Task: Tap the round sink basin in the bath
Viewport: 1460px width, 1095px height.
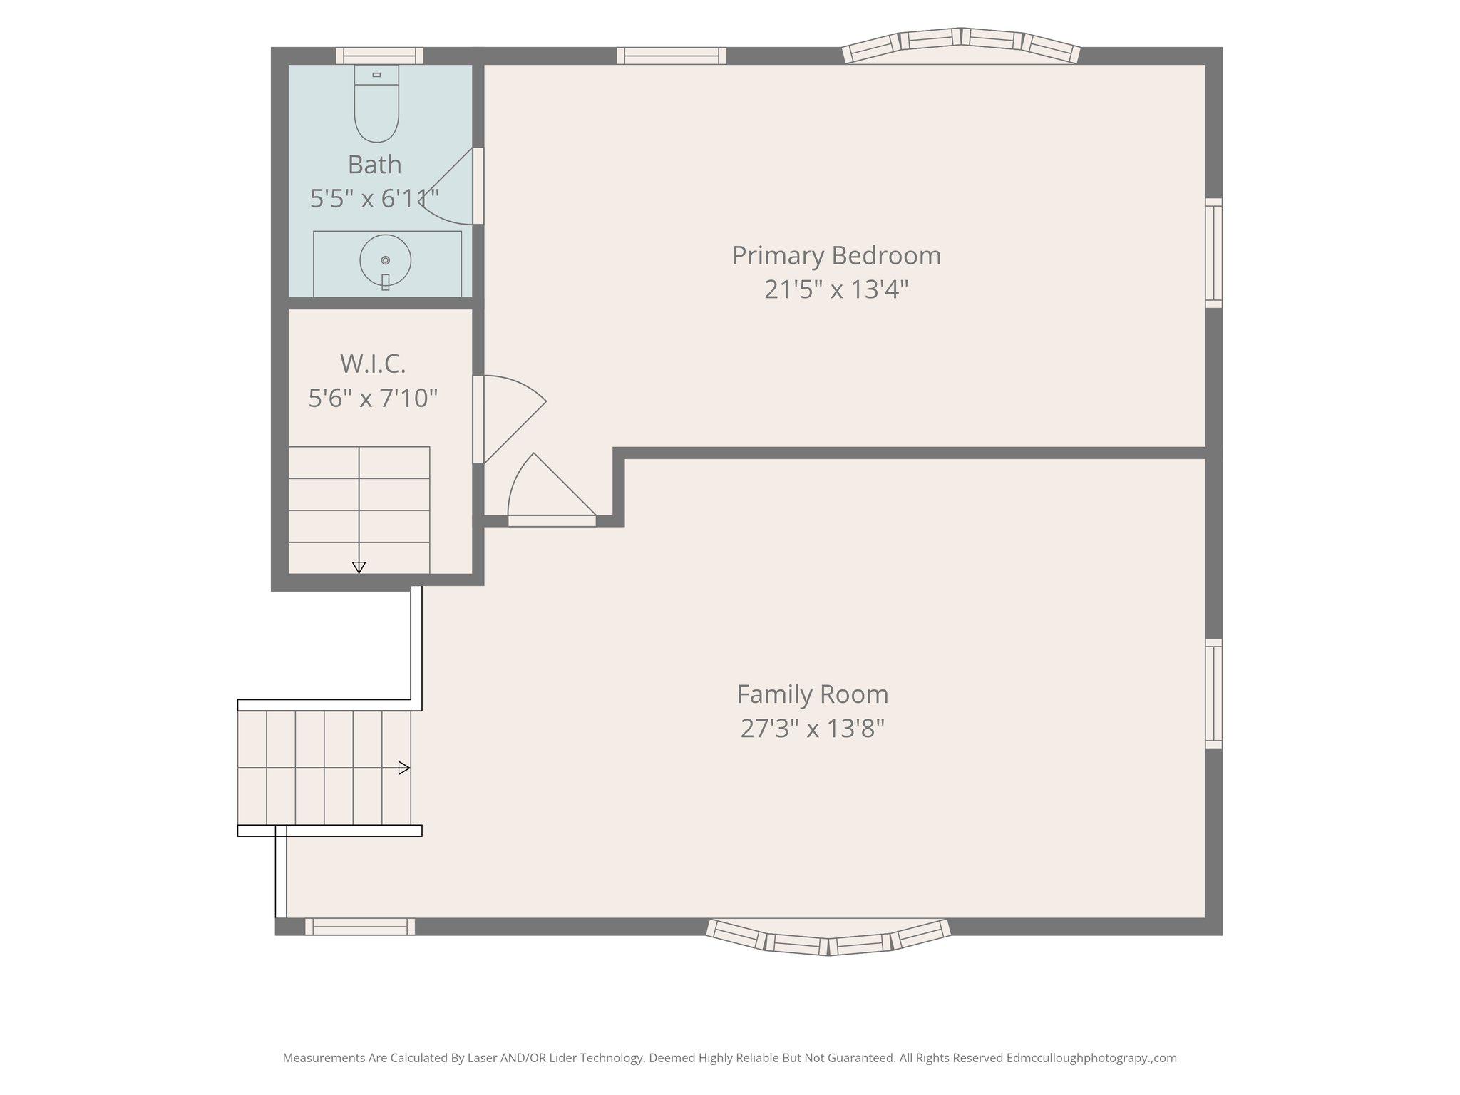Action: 386,260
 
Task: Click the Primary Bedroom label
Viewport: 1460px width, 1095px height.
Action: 836,256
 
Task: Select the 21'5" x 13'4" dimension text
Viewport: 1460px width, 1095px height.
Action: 836,289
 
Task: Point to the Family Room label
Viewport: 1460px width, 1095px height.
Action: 812,694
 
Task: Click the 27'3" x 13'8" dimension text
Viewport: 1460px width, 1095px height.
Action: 812,729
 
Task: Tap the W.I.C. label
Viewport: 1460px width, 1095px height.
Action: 373,364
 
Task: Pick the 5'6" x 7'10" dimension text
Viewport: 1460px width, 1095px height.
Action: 373,398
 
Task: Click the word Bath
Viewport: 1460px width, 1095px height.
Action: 374,165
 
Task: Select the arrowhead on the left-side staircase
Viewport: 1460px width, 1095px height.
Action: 404,768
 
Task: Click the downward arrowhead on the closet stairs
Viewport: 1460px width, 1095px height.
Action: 359,567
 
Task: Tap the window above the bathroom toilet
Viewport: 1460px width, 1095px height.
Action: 379,56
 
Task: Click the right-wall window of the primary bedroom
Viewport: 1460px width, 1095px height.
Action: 1213,253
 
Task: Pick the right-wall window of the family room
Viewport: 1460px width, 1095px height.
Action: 1213,693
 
